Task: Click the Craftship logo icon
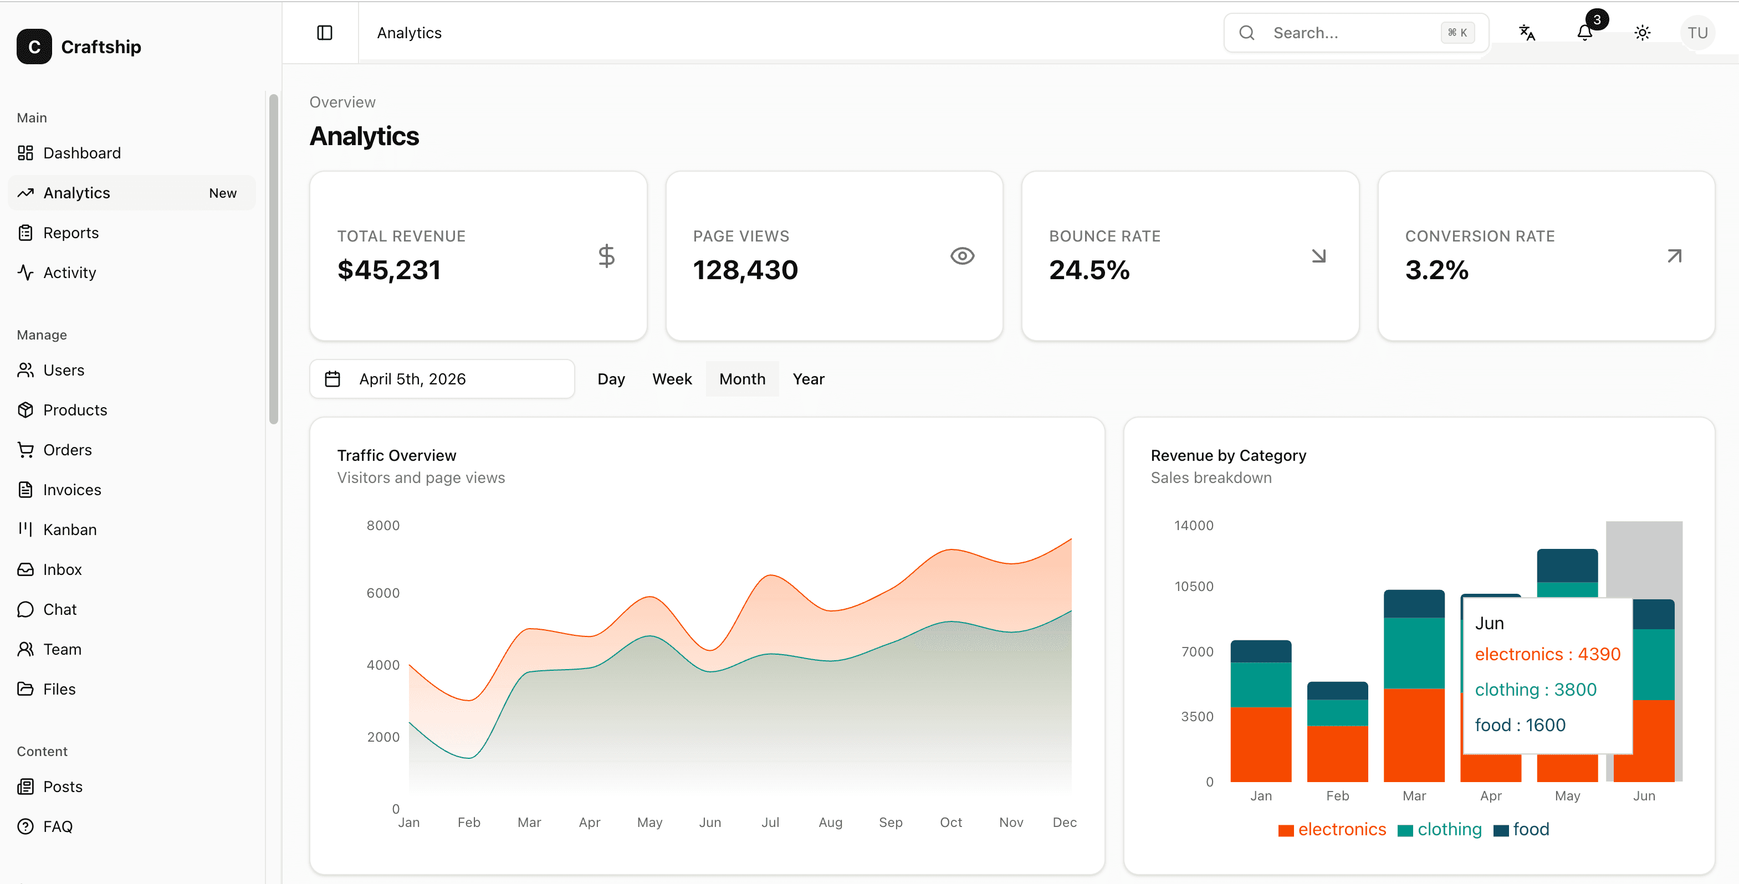click(34, 47)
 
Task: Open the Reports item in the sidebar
click(70, 233)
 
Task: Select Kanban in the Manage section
click(69, 530)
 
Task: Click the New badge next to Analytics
click(222, 193)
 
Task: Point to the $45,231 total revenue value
click(389, 270)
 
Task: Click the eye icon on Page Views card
click(962, 256)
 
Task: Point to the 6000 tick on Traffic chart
click(383, 593)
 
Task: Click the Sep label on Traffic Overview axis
click(891, 822)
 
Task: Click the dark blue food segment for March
click(1414, 604)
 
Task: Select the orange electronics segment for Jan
click(1260, 744)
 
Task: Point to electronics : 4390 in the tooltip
click(1547, 654)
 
